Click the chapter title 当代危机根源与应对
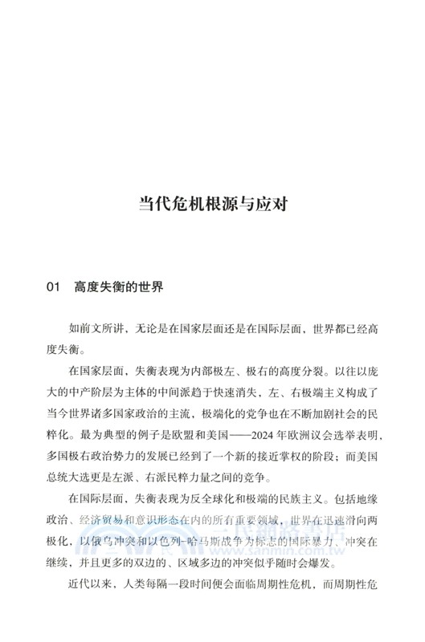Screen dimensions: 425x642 pyautogui.click(x=213, y=202)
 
